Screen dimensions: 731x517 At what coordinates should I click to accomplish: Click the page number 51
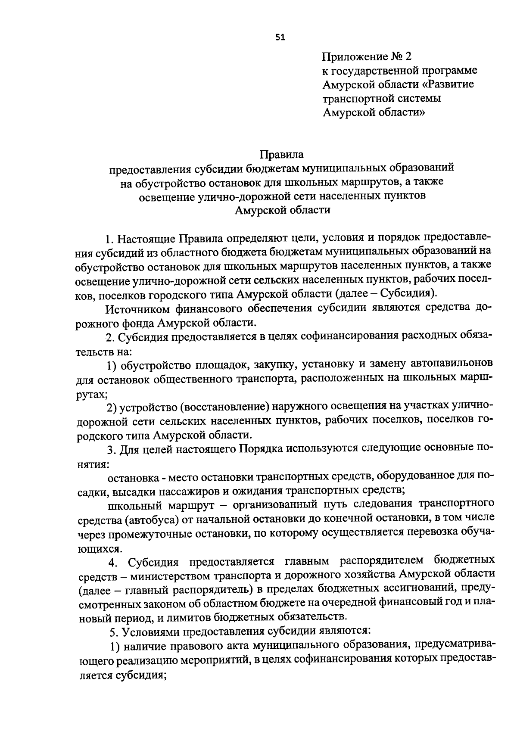pyautogui.click(x=280, y=37)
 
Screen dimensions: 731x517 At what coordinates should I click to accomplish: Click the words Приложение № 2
pyautogui.click(x=367, y=56)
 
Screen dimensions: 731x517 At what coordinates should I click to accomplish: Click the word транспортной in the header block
pyautogui.click(x=359, y=98)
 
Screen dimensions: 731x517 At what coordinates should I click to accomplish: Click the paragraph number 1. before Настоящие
pyautogui.click(x=110, y=238)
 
